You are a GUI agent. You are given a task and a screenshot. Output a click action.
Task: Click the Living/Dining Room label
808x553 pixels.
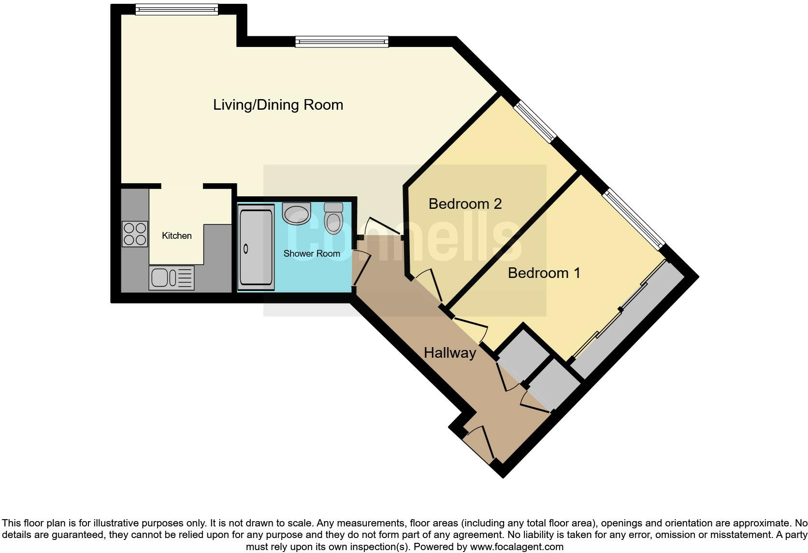click(x=278, y=105)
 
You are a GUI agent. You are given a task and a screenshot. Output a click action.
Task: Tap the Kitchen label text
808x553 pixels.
click(x=176, y=236)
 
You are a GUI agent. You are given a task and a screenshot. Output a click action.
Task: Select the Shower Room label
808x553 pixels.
click(x=311, y=253)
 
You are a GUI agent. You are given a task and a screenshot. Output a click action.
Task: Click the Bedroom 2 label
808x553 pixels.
click(x=465, y=204)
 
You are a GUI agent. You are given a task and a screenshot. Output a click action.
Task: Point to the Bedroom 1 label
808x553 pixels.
click(x=544, y=273)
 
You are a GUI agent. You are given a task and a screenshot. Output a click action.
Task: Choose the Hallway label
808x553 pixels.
click(x=449, y=353)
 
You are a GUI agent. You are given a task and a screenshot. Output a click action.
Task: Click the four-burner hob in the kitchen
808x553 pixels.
click(x=134, y=233)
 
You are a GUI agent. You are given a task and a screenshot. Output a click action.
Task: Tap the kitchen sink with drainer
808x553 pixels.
click(x=172, y=278)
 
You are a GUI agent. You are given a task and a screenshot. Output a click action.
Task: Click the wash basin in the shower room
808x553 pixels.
click(x=296, y=213)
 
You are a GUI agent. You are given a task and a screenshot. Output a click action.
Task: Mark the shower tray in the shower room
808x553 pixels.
click(x=256, y=247)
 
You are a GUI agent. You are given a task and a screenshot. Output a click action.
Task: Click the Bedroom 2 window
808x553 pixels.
click(x=535, y=122)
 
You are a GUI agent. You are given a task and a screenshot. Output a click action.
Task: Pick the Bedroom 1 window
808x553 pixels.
click(x=634, y=219)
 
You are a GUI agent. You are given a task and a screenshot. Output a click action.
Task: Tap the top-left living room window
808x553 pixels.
click(x=176, y=10)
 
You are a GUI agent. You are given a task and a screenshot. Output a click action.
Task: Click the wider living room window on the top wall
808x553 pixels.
click(x=342, y=42)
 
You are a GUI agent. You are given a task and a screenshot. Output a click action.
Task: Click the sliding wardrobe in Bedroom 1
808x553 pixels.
click(x=628, y=319)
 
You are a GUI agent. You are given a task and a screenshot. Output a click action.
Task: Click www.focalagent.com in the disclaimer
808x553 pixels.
click(x=516, y=547)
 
